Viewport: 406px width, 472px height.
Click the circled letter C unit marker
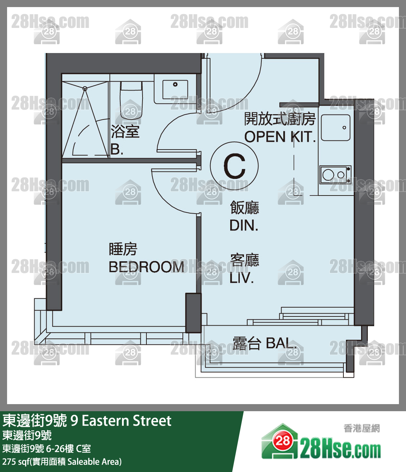pos(234,166)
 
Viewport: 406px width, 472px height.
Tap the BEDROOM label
pos(146,267)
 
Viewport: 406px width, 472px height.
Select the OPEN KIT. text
pos(280,136)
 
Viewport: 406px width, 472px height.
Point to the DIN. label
pos(244,225)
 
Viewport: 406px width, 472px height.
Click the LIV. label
pos(242,278)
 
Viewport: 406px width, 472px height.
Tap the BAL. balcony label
pos(281,343)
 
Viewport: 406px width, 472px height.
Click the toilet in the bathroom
pos(131,100)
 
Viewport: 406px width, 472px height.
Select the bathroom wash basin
pos(175,89)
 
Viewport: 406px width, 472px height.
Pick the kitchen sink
pos(336,127)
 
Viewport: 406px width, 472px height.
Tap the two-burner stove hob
pos(335,175)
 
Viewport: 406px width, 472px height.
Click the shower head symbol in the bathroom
pos(85,88)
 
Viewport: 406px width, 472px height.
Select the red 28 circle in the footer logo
pos(283,441)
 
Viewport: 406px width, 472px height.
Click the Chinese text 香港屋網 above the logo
pos(362,429)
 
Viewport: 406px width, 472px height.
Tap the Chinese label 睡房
pos(123,249)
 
